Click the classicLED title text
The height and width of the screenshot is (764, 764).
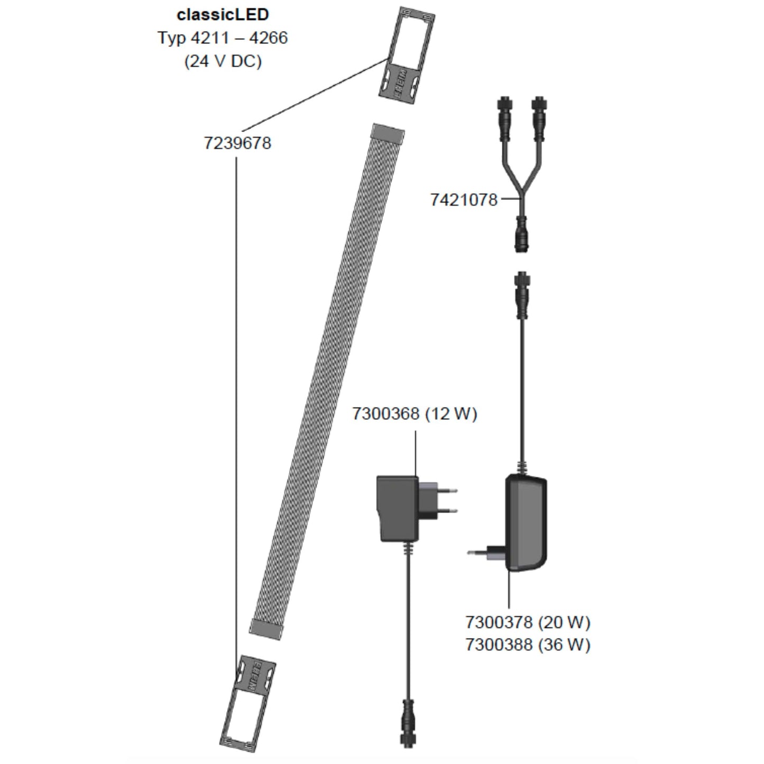click(x=223, y=14)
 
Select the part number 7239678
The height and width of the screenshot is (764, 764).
click(x=237, y=143)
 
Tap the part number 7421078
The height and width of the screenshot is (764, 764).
click(x=464, y=200)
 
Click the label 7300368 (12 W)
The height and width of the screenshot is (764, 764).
click(x=415, y=413)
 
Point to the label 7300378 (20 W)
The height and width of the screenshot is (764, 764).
click(x=528, y=622)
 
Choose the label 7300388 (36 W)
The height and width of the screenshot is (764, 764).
click(x=528, y=645)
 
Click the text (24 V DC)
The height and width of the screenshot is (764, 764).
click(x=223, y=61)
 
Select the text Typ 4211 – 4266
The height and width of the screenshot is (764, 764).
click(x=223, y=38)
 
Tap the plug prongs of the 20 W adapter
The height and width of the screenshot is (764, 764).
click(x=476, y=553)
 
